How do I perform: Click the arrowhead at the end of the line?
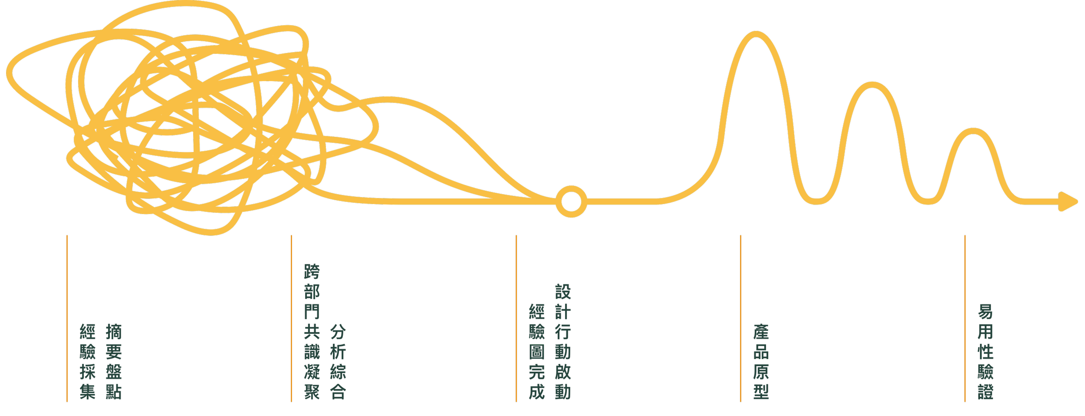click(x=1071, y=201)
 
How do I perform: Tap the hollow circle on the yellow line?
click(x=571, y=201)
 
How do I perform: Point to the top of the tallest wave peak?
click(x=756, y=34)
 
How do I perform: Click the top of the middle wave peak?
click(x=872, y=85)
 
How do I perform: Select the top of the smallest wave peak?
click(x=974, y=131)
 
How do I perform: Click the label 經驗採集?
click(x=87, y=361)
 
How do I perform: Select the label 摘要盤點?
click(x=114, y=361)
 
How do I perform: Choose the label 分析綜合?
click(x=338, y=361)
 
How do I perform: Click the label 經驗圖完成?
click(x=536, y=352)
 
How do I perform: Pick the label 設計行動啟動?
click(x=562, y=342)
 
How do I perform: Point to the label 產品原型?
click(x=761, y=361)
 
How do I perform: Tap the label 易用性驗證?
click(x=985, y=352)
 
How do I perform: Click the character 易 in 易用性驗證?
click(x=985, y=312)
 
